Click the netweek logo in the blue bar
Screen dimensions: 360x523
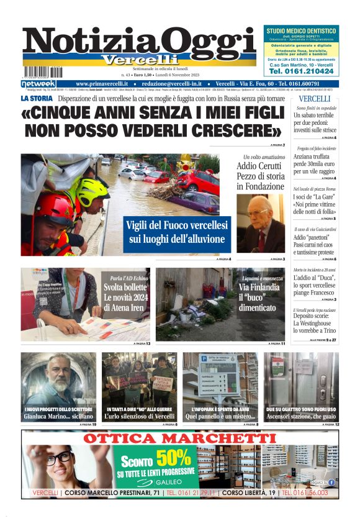(x=38, y=84)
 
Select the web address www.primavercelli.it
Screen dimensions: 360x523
(x=102, y=84)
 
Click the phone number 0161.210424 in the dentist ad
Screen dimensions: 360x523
(x=301, y=71)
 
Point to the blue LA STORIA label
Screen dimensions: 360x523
(x=37, y=98)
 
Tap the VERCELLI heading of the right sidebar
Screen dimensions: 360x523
(x=314, y=99)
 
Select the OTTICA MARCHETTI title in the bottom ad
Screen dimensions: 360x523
(x=179, y=439)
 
